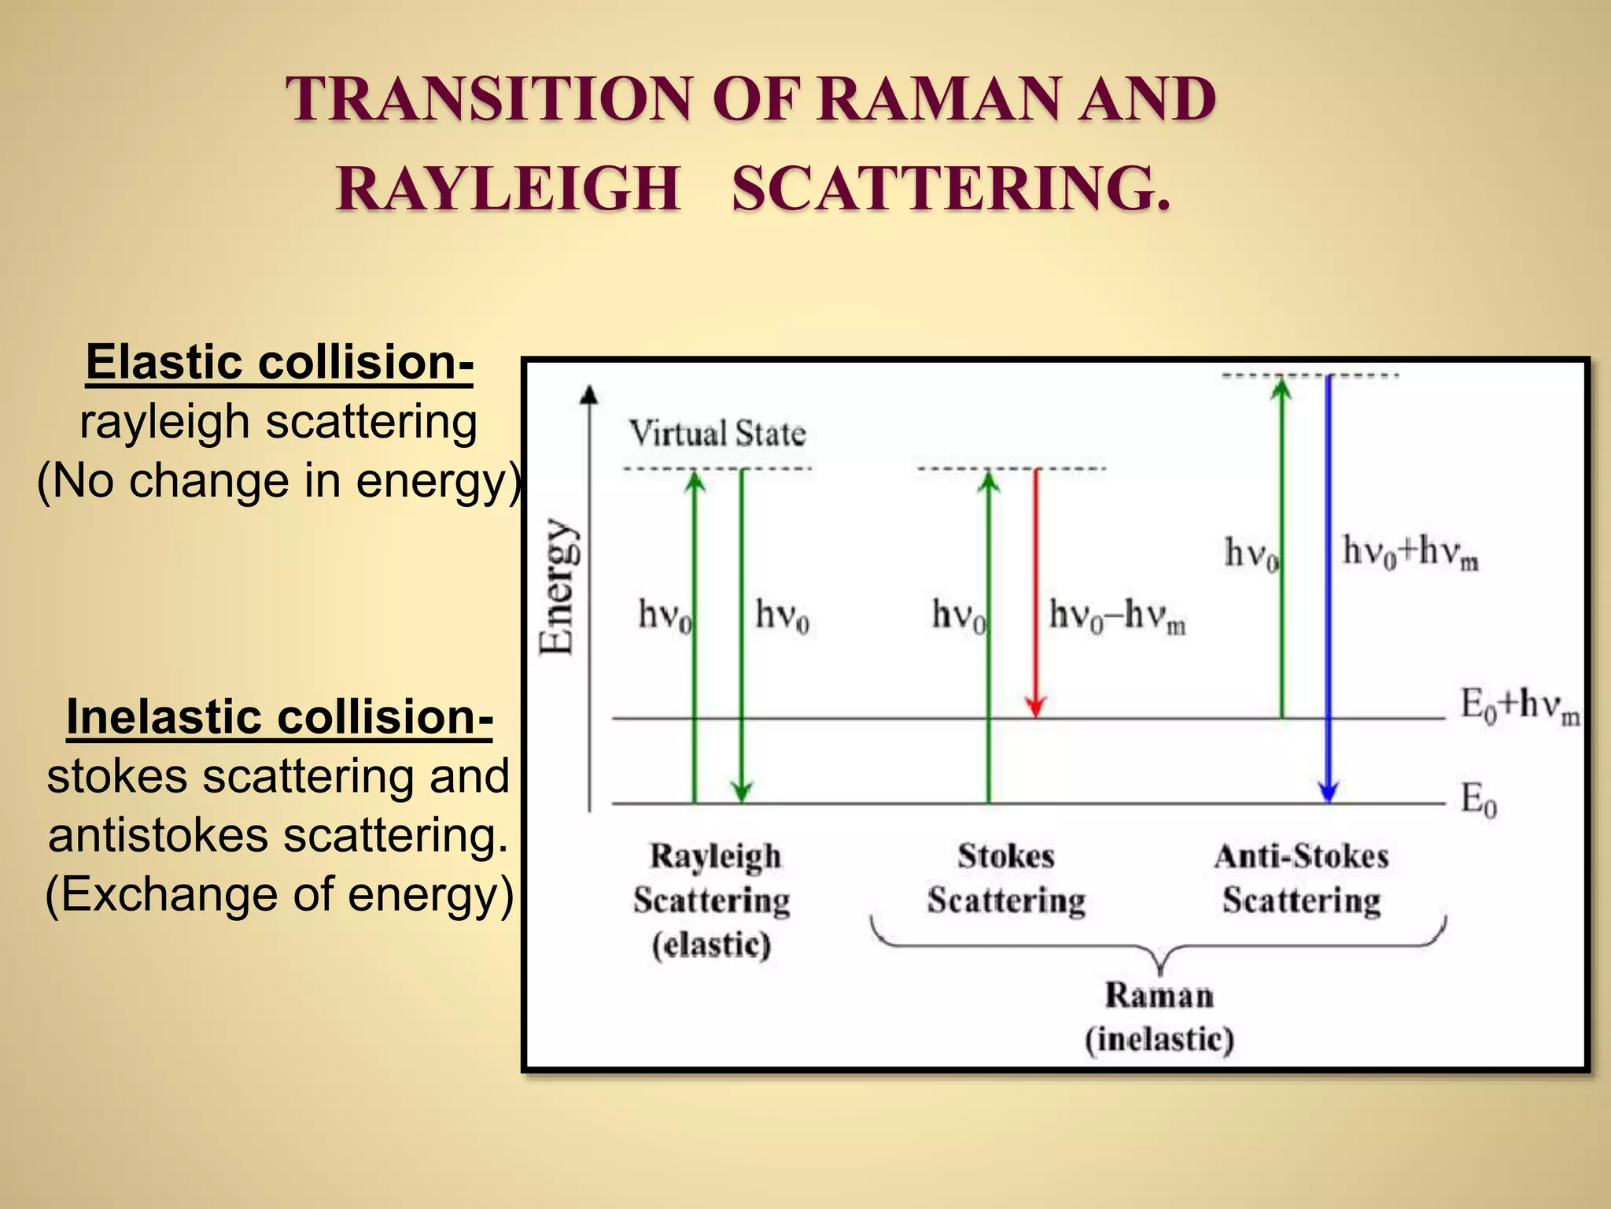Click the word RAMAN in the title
pos(938,100)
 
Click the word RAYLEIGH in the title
pos(508,190)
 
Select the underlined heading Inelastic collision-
pos(279,717)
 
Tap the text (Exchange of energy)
pos(279,894)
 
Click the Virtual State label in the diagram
pos(717,434)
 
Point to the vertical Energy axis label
pos(557,586)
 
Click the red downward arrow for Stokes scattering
pos(1036,590)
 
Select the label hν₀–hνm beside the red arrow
pos(1117,616)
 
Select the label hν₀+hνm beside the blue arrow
pos(1410,552)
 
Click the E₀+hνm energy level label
pos(1518,705)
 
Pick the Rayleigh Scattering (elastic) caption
pos(713,900)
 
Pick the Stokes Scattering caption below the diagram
pos(1006,878)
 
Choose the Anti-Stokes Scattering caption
pos(1301,878)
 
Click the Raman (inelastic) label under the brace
pos(1159,1017)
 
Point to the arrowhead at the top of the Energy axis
pos(589,394)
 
